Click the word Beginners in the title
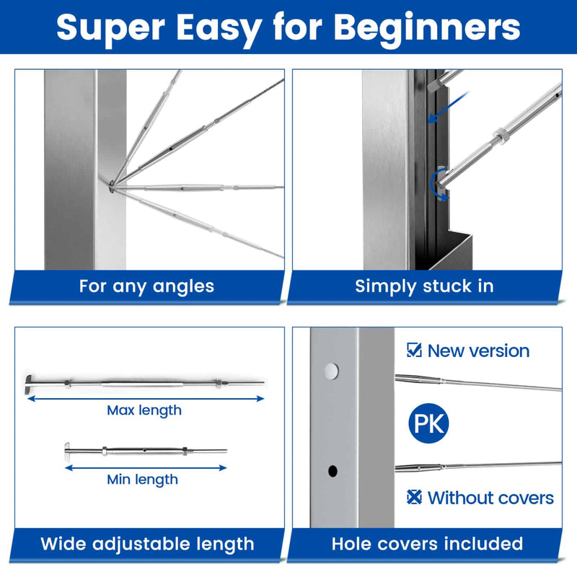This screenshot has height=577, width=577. [x=427, y=27]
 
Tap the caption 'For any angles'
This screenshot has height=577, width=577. [x=146, y=286]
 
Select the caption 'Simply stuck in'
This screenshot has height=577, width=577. [x=424, y=286]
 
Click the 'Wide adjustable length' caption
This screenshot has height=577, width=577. [x=147, y=544]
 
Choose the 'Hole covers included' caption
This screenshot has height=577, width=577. [x=427, y=544]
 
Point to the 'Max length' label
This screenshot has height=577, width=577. [x=144, y=410]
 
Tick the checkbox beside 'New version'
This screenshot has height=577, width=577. [x=414, y=351]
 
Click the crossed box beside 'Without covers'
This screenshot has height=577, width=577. [x=414, y=498]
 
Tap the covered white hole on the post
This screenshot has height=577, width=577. [x=330, y=371]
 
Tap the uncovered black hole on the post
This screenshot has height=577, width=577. [x=332, y=472]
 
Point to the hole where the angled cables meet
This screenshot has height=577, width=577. [x=113, y=189]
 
